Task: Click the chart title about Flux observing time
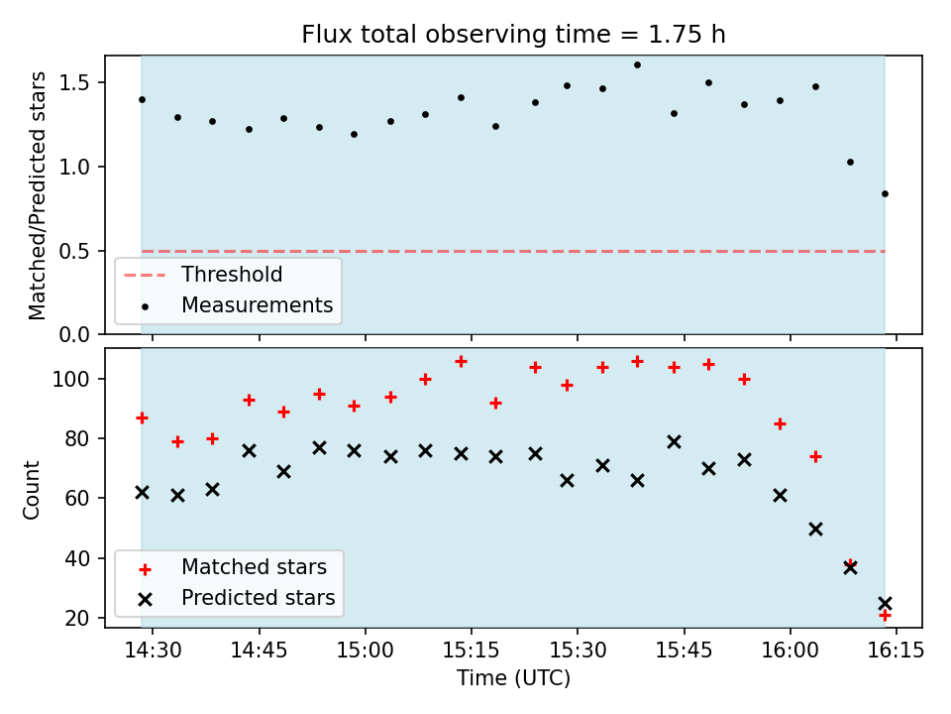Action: click(513, 35)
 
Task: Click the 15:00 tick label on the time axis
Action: click(365, 652)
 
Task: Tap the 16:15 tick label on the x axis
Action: click(896, 652)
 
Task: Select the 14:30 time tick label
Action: click(153, 652)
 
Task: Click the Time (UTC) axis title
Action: click(513, 679)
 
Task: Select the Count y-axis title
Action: click(33, 489)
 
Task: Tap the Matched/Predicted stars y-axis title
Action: click(38, 195)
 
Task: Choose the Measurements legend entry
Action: click(257, 305)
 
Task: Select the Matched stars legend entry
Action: click(254, 567)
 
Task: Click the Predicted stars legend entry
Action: click(258, 598)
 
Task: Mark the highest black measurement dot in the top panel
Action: click(637, 64)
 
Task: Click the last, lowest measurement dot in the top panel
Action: click(885, 193)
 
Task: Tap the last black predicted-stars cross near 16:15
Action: click(885, 603)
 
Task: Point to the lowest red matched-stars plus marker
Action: click(885, 615)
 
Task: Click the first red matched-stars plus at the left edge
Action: click(142, 417)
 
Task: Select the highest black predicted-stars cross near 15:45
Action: click(674, 441)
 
